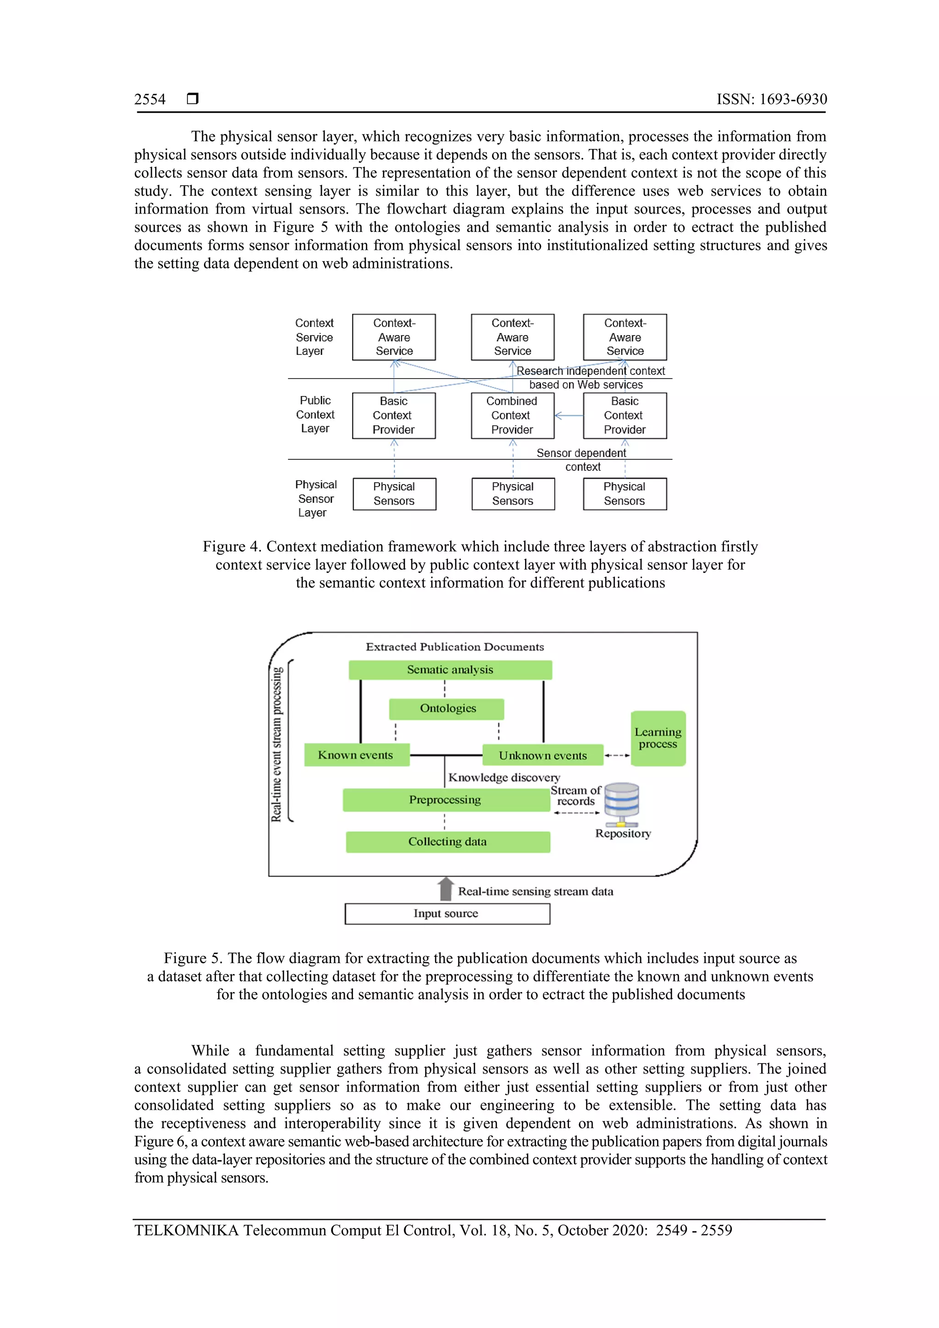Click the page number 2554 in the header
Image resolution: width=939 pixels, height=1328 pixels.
150,99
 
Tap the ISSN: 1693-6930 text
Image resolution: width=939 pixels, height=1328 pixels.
771,99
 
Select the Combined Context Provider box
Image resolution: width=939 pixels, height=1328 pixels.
512,415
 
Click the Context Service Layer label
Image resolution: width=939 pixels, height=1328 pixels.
314,337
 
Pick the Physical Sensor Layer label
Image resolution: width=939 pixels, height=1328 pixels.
315,499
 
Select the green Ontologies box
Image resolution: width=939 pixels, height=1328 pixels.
447,709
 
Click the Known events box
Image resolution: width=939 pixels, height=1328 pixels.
356,755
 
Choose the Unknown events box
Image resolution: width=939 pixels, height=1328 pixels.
543,755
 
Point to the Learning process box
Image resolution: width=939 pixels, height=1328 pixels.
658,738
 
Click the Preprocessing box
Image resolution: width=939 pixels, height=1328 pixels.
446,800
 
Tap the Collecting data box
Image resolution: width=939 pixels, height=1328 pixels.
447,842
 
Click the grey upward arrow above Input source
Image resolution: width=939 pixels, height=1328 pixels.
446,889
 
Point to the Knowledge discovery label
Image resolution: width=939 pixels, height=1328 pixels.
504,777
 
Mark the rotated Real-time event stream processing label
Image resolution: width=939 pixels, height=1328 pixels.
277,744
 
